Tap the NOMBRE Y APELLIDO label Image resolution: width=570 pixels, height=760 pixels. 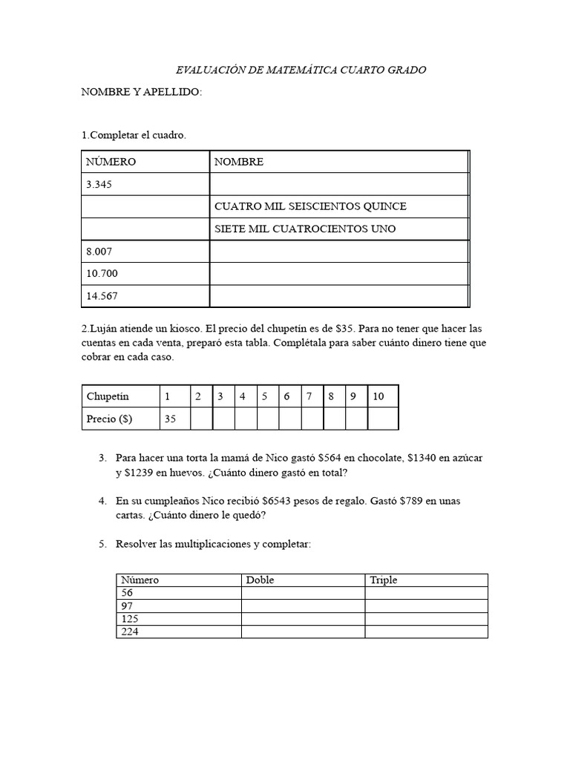[x=141, y=92]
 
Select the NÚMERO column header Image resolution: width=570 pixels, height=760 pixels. [x=111, y=162]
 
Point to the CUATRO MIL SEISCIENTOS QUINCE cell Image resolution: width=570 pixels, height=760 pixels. [x=310, y=206]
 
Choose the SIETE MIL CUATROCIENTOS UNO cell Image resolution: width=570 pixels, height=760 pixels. [x=305, y=229]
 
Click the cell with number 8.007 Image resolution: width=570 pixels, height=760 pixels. [x=99, y=252]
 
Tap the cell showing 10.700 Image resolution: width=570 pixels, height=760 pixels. [x=102, y=274]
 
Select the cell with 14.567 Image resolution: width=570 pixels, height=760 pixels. [x=102, y=296]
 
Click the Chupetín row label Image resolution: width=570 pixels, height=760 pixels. [x=108, y=396]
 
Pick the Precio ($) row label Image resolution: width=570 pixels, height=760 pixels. [x=109, y=419]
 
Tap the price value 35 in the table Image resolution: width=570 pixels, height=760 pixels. [x=171, y=419]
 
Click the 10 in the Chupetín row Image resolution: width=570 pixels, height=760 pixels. [x=379, y=396]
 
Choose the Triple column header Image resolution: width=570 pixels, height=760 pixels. [x=384, y=580]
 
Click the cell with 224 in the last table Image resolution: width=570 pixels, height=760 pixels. [x=130, y=632]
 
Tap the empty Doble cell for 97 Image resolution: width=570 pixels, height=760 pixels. [x=303, y=606]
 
